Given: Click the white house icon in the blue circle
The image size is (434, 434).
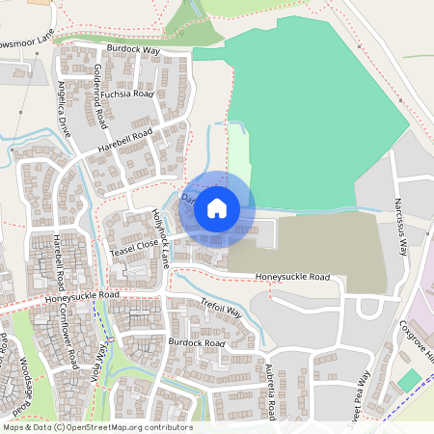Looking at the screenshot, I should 217,207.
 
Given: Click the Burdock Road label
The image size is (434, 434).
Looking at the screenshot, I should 196,342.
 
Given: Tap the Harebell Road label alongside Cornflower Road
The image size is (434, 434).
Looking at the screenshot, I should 60,259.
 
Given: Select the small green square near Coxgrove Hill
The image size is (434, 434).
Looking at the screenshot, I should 409,380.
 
